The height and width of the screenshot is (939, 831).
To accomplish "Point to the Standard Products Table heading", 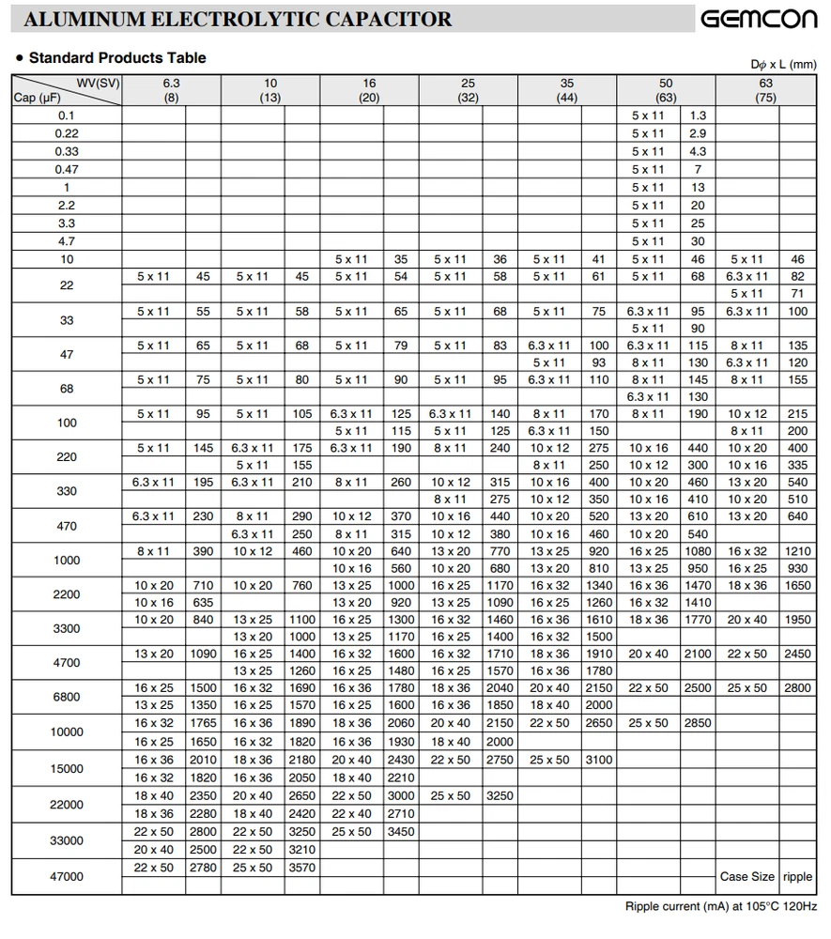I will click(117, 58).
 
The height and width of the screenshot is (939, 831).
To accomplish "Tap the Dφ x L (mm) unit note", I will click(783, 64).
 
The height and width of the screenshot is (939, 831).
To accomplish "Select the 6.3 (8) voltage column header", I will click(171, 90).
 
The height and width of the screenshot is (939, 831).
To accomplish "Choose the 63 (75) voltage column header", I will click(765, 90).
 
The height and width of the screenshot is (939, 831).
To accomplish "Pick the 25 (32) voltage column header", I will click(468, 90).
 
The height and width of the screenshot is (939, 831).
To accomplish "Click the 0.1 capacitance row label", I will click(67, 115).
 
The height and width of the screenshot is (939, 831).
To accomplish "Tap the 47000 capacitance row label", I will click(67, 876).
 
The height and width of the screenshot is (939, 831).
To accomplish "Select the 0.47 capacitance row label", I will click(67, 169).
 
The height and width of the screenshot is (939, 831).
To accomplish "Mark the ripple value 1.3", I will click(698, 115).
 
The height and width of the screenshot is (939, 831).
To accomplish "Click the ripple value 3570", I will click(302, 868).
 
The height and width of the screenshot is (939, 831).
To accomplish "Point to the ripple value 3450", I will click(401, 832).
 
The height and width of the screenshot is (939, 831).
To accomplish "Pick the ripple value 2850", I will click(698, 724).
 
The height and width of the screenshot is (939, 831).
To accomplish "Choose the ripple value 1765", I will click(203, 724).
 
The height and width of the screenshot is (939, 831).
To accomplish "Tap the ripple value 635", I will click(203, 603).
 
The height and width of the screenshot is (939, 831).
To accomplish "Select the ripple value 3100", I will click(599, 760).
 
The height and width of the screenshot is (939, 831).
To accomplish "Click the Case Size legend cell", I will click(747, 877).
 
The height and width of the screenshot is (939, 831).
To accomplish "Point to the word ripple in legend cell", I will click(797, 877).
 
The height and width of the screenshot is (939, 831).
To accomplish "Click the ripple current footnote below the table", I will click(720, 907).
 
